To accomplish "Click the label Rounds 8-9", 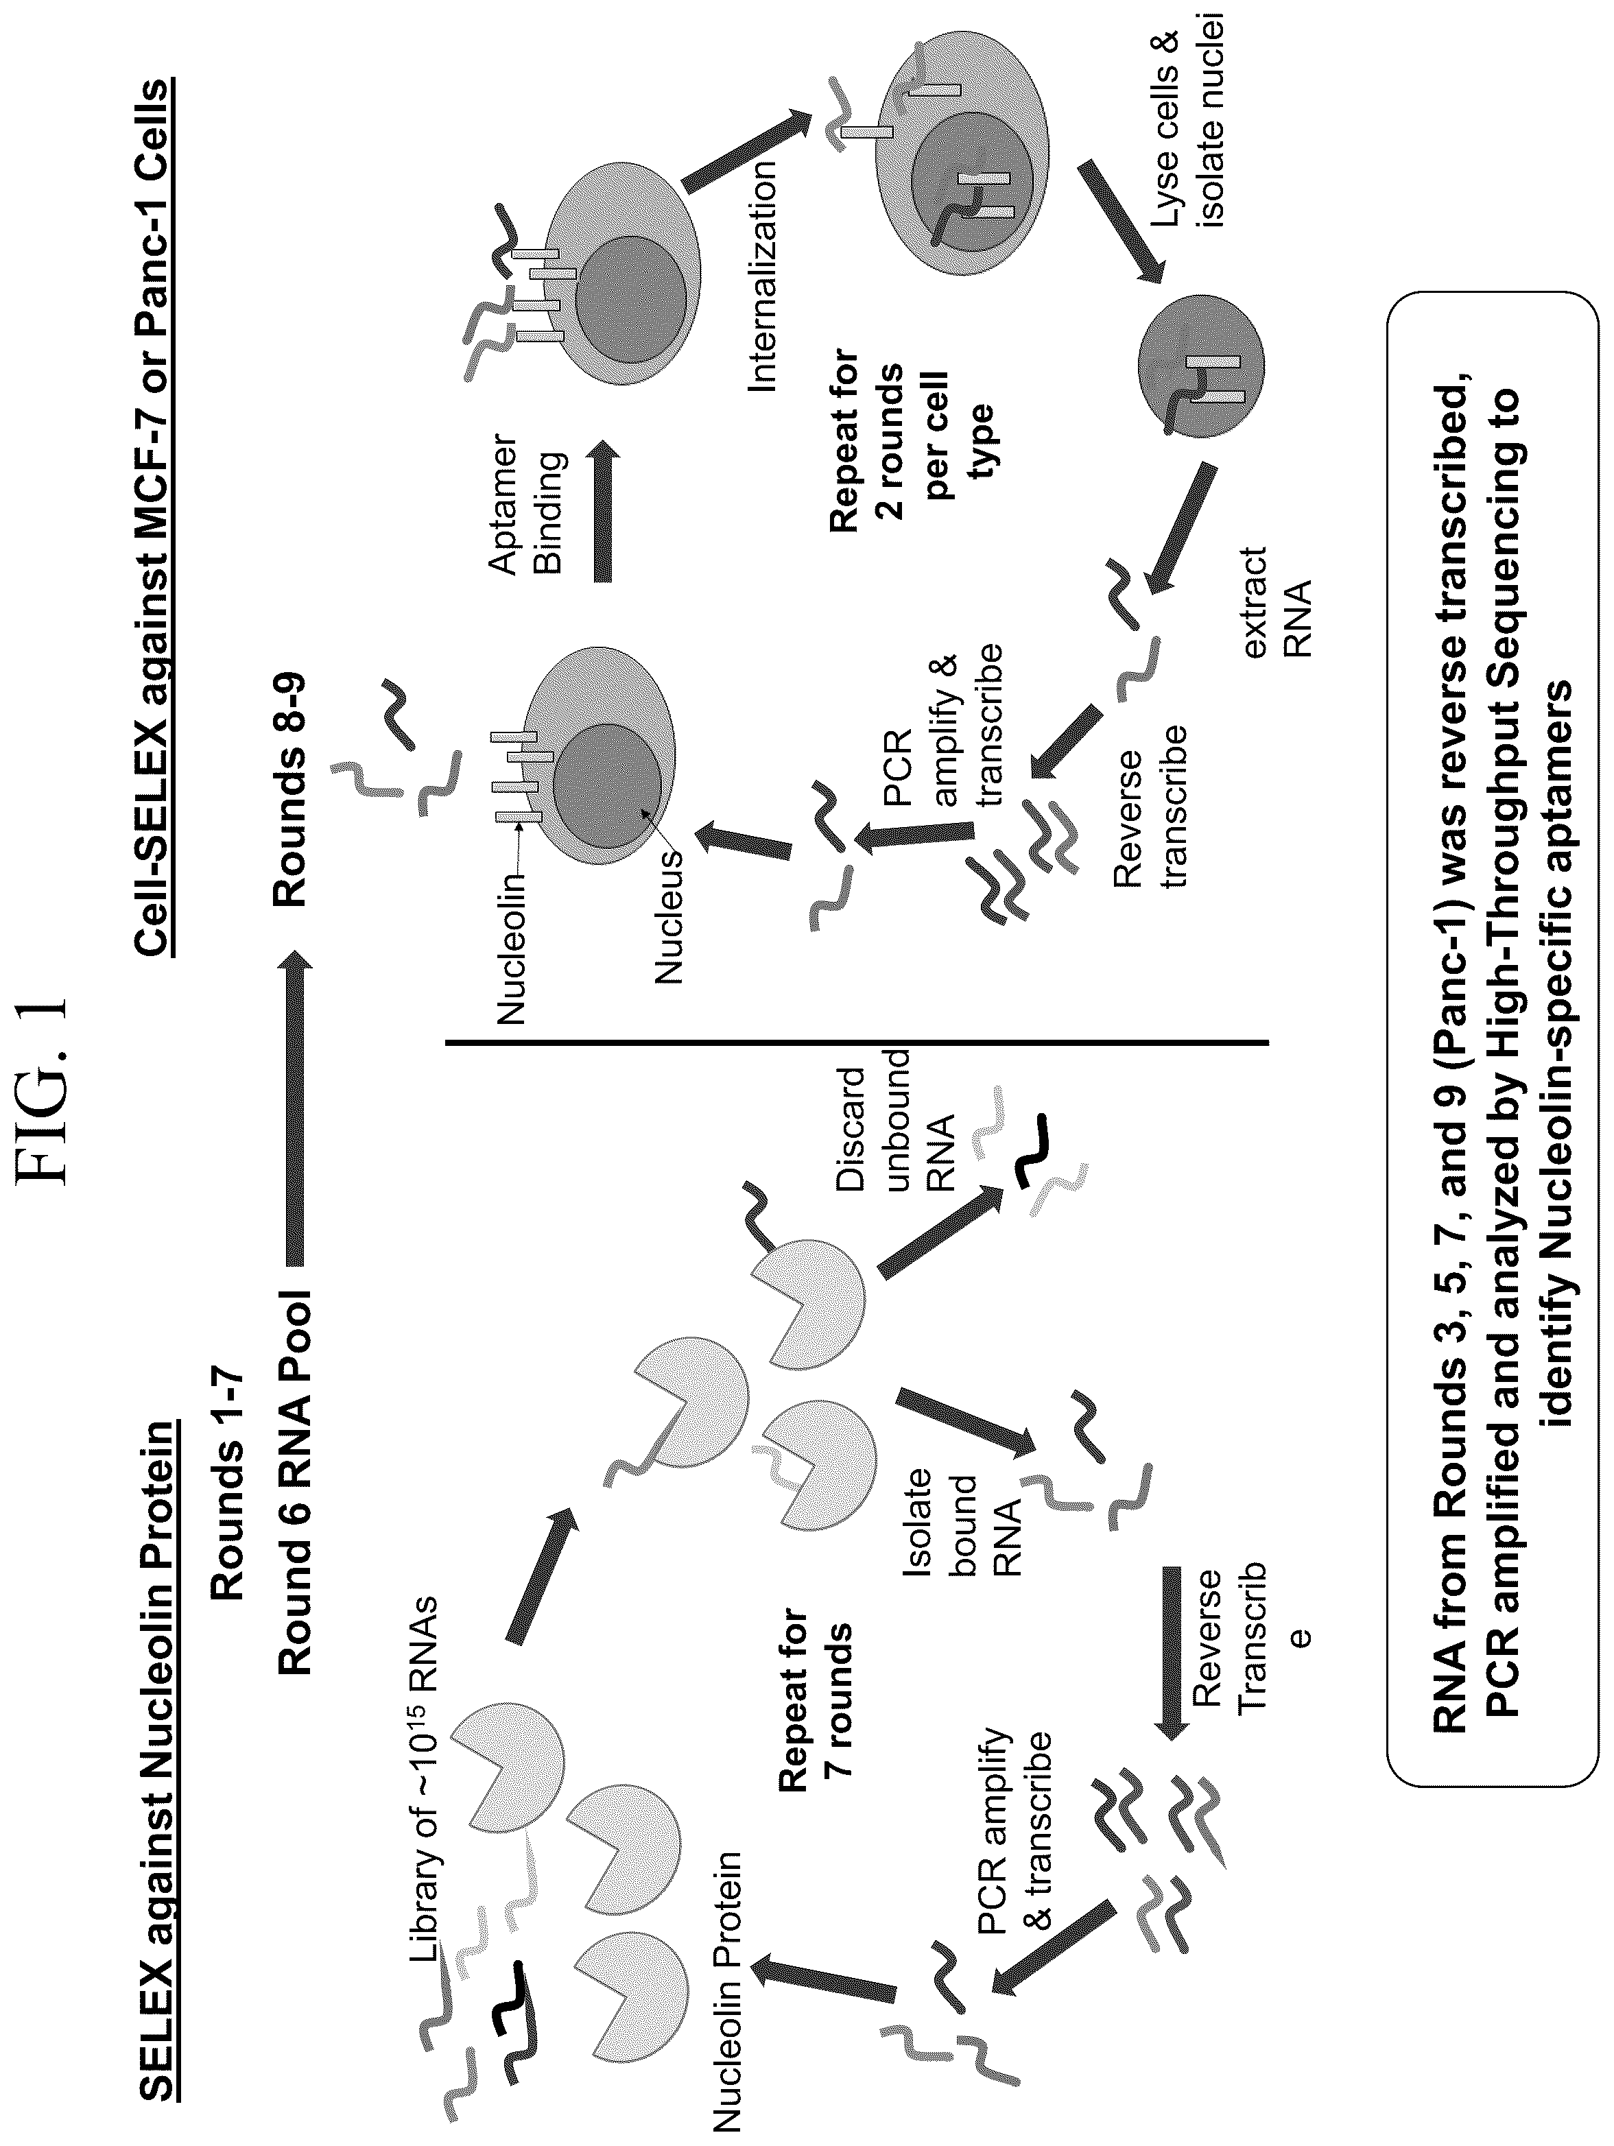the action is [290, 776].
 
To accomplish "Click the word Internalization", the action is [763, 276].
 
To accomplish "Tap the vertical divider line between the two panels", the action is [856, 1043].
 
